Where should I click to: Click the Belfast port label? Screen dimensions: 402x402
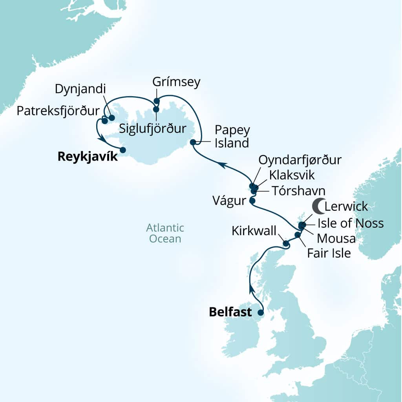click(230, 312)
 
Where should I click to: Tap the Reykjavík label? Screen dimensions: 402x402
click(88, 157)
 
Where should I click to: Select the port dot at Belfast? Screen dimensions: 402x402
click(260, 313)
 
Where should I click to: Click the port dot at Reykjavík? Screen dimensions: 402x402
click(122, 150)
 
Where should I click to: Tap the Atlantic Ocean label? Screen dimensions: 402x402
click(165, 233)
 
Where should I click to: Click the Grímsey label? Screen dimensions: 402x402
click(176, 82)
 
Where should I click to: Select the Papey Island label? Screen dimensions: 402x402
click(232, 136)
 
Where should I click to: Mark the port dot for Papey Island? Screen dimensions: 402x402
click(193, 142)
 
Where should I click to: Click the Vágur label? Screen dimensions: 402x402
click(229, 201)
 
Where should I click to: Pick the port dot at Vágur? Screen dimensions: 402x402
click(252, 201)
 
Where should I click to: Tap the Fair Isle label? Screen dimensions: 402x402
click(329, 253)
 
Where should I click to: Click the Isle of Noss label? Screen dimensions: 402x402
click(350, 223)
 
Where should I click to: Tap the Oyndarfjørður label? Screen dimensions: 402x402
click(300, 160)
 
